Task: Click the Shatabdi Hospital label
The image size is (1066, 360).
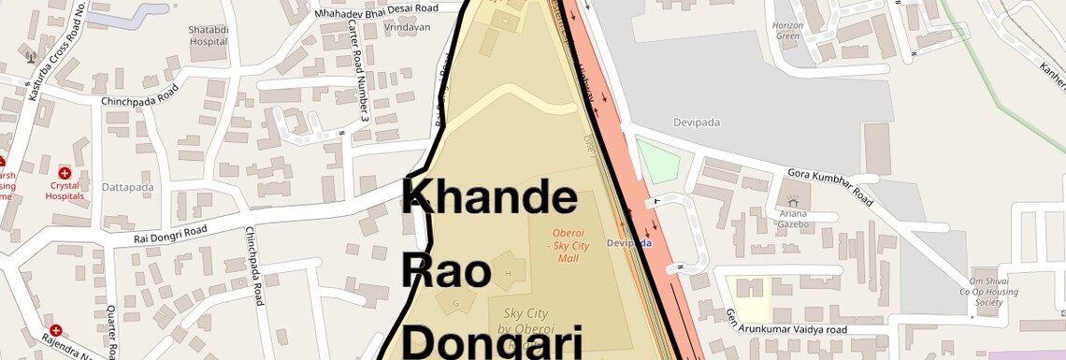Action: click(208, 36)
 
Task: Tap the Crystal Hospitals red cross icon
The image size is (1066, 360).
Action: click(65, 173)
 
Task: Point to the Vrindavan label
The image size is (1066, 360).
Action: click(407, 28)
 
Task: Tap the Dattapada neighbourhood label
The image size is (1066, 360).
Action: click(128, 187)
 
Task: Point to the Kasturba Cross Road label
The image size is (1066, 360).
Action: click(44, 51)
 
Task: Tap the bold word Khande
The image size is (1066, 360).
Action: click(490, 197)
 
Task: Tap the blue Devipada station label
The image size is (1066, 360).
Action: click(629, 243)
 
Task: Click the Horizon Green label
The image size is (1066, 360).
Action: click(789, 31)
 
